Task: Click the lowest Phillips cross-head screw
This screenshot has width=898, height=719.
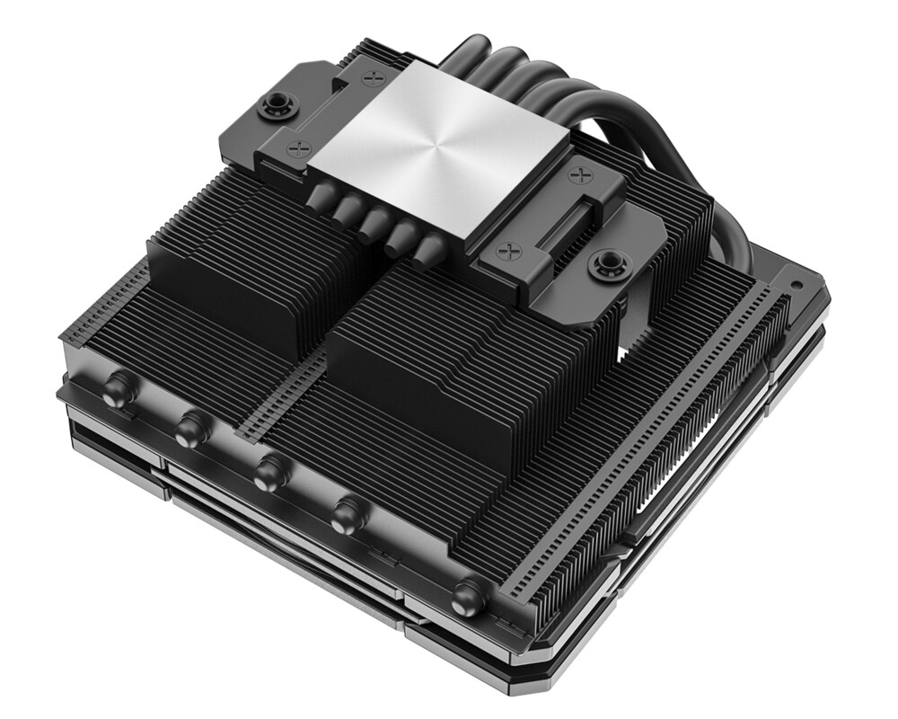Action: (x=515, y=247)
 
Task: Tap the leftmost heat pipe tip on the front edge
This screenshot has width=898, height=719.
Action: (x=116, y=391)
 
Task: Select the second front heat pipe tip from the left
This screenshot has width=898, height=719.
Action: (x=189, y=428)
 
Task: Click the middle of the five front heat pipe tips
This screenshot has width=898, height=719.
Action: (x=268, y=472)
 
